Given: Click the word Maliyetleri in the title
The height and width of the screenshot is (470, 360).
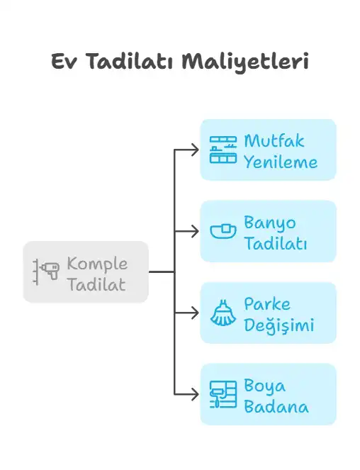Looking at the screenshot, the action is point(245,62).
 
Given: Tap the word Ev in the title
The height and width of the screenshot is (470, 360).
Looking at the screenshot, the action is point(64,62).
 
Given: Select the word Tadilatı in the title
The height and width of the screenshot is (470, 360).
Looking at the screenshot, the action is point(130,61).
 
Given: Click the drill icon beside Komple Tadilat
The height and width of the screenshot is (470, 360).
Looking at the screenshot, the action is point(46,272).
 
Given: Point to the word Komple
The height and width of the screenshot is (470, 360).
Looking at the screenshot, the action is point(97,264).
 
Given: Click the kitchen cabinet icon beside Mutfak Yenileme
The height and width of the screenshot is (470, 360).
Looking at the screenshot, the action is point(223,150).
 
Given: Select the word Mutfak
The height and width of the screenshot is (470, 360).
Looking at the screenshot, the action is point(274,141).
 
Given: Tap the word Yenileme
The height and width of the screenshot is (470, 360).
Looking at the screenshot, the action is point(281,162).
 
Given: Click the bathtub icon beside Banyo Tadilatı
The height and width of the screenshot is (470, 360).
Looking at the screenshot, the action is point(223,231).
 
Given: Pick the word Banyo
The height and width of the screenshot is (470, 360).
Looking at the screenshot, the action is point(270,223).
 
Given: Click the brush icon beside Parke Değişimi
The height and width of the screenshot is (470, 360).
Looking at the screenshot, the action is point(223,313).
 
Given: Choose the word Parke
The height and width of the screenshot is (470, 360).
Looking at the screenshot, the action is point(267,304).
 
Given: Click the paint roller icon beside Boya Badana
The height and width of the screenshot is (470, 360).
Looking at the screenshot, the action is point(223,394).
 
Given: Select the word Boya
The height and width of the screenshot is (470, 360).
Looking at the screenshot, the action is point(264,386).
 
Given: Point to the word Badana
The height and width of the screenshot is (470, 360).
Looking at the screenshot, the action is point(276,407).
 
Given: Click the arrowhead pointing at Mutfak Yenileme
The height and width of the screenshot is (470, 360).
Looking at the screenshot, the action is point(195,150).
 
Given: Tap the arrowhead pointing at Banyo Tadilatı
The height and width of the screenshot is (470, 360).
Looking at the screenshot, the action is point(195,231).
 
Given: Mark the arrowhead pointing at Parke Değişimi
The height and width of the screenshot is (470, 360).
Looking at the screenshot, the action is point(195,313).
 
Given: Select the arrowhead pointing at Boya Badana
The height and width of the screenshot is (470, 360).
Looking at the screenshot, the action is point(195,394).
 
